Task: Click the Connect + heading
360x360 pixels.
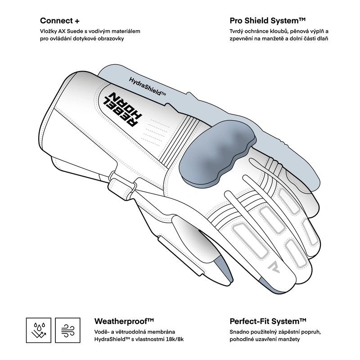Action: pyautogui.click(x=60, y=21)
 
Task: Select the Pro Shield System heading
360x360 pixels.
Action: pyautogui.click(x=267, y=21)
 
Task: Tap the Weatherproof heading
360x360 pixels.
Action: pyautogui.click(x=124, y=321)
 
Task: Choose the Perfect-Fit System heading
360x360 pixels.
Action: pyautogui.click(x=268, y=321)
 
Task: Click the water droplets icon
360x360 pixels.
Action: pyautogui.click(x=39, y=330)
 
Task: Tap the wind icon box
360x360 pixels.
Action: pyautogui.click(x=68, y=330)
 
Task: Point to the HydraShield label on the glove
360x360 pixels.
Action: pyautogui.click(x=147, y=87)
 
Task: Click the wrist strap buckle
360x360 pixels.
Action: pyautogui.click(x=122, y=183)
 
